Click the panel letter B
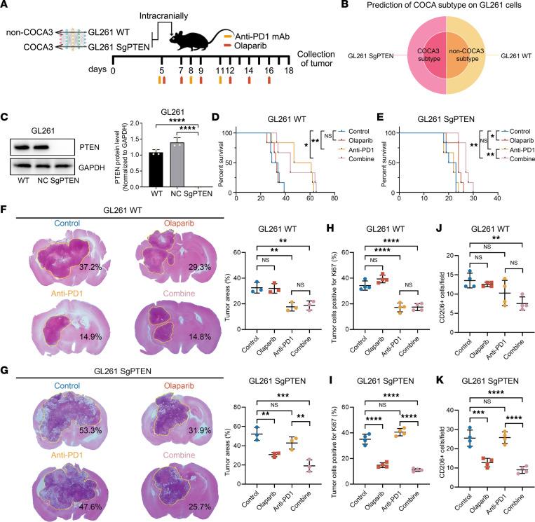click(x=334, y=6)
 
